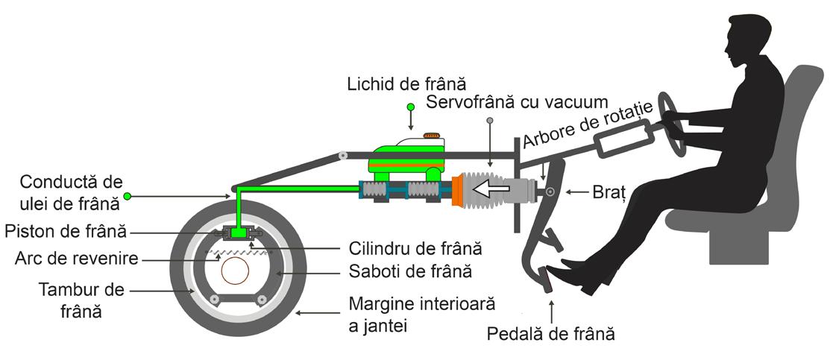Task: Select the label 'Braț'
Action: coord(608,192)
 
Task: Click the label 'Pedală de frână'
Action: coord(551,333)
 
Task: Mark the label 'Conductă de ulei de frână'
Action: coord(69,192)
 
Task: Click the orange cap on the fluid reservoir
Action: coord(431,136)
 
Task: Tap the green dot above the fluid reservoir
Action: coord(410,107)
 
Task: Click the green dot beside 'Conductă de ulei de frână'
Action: coord(128,196)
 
